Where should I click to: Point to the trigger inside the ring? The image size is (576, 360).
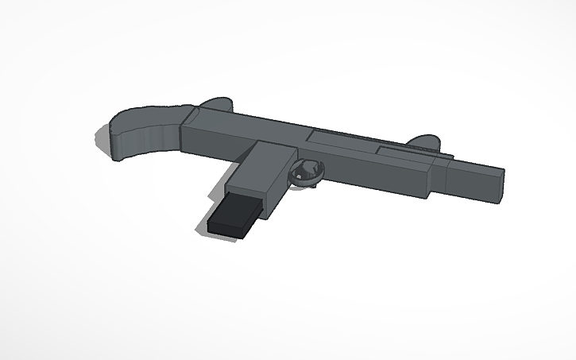point(306,168)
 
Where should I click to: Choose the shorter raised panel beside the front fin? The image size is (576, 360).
point(405,152)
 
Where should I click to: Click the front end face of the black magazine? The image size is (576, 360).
point(225,226)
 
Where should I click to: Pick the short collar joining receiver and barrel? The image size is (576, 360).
point(442,177)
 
